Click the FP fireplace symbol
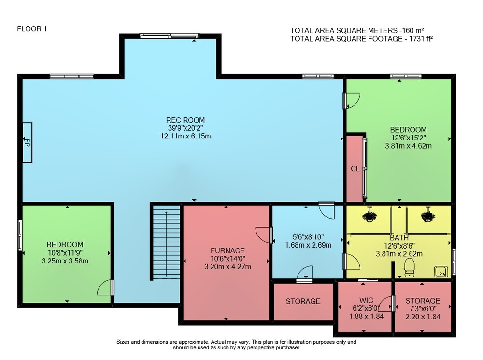coord(27,142)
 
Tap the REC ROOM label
coord(185,120)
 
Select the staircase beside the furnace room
coord(166,242)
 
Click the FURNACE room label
coord(227,251)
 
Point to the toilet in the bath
coord(409,267)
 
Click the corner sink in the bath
coord(441,272)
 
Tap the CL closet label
coord(355,169)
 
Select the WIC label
coord(366,300)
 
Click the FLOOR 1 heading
coord(32,29)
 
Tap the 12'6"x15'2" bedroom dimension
coord(408,138)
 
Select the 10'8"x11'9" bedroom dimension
coord(65,252)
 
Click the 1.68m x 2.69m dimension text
coord(308,245)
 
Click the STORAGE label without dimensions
coord(303,301)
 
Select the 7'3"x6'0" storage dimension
coord(423,308)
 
